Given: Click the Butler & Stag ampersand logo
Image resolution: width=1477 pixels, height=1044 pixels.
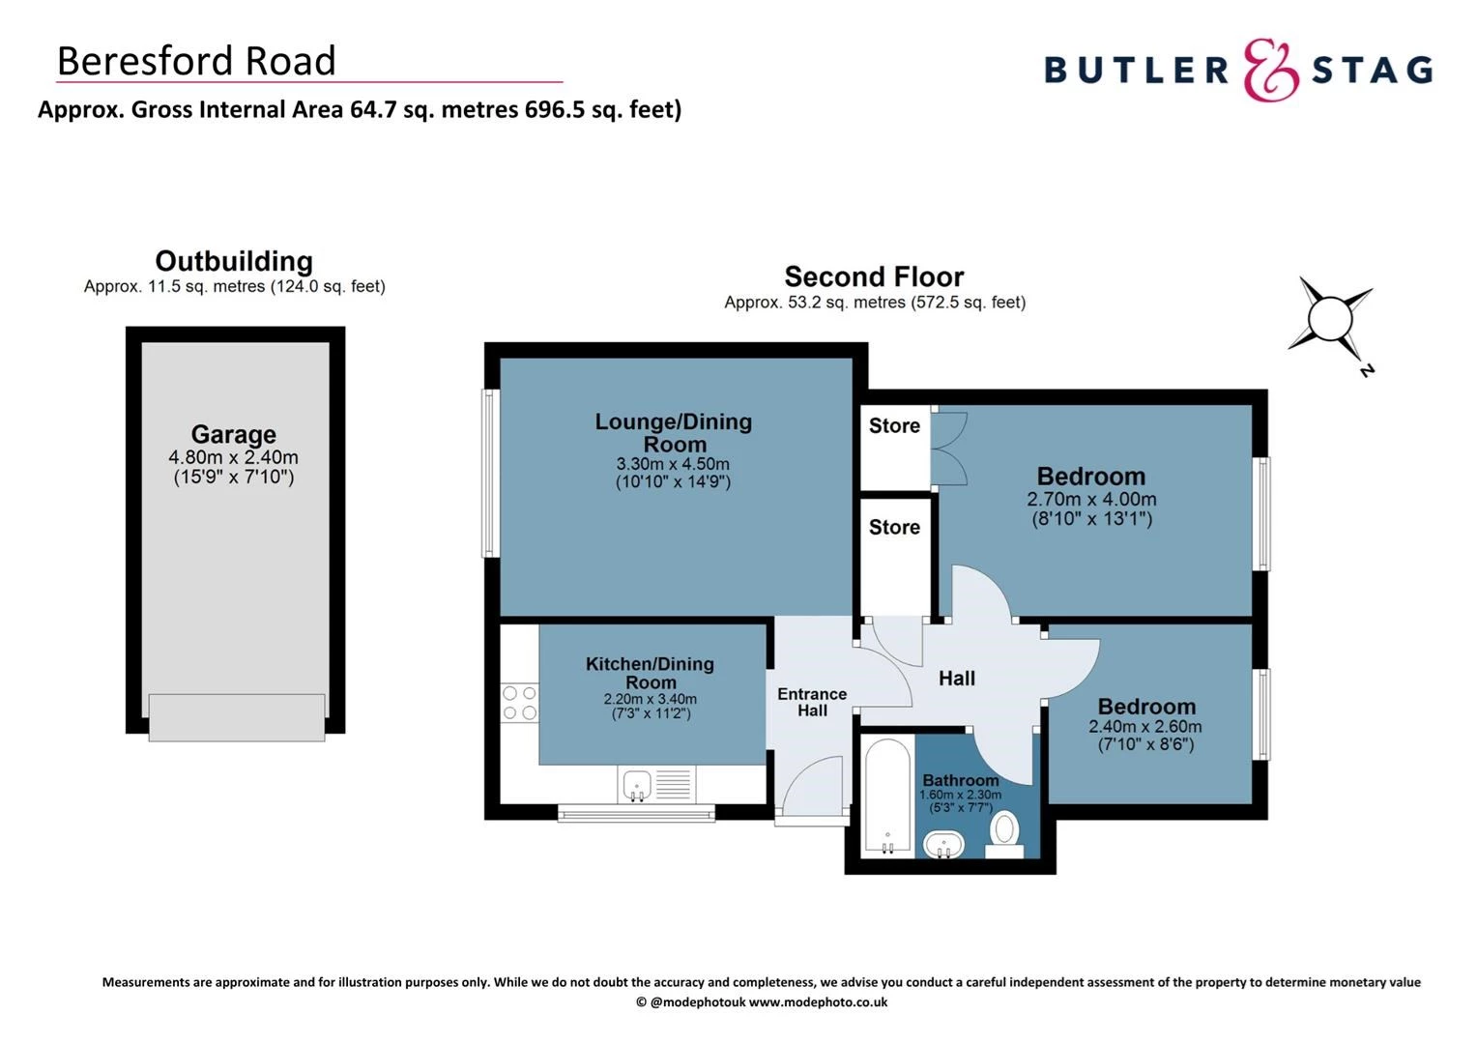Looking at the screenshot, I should (x=1270, y=70).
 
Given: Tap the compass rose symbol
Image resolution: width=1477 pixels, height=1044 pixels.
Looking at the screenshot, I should (x=1330, y=316).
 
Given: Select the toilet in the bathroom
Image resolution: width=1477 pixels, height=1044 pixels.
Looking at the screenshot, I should (x=1005, y=832).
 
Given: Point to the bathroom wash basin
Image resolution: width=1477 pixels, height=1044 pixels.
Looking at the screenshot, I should (x=942, y=844).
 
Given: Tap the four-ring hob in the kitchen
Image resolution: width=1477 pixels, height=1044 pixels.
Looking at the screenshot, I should (x=519, y=703).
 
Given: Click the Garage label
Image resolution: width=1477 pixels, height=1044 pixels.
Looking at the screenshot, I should (x=233, y=434).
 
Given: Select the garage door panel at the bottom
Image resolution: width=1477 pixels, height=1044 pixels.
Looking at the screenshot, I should (x=237, y=717).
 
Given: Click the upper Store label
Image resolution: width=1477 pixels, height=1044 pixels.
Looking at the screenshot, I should (x=894, y=425).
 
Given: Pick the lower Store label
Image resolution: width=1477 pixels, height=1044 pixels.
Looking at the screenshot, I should (x=894, y=527).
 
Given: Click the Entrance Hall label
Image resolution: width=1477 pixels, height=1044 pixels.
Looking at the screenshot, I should (x=812, y=702).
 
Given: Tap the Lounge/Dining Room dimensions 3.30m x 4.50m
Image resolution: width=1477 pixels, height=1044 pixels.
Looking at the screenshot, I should (x=673, y=464).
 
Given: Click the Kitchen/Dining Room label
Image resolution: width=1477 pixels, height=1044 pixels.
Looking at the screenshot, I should (x=650, y=673).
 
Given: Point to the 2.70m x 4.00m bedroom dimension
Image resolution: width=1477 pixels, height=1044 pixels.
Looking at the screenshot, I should (x=1091, y=500).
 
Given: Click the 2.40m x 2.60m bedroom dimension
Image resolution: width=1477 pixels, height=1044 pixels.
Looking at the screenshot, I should (x=1145, y=727).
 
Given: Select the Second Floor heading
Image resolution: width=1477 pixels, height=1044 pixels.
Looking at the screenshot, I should (x=874, y=276).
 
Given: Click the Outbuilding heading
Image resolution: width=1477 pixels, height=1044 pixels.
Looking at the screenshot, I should (x=234, y=261).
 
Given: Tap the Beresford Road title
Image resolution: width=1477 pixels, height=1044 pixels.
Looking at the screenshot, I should (x=196, y=61).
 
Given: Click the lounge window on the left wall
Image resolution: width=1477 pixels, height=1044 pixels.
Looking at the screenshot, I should (x=491, y=473).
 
